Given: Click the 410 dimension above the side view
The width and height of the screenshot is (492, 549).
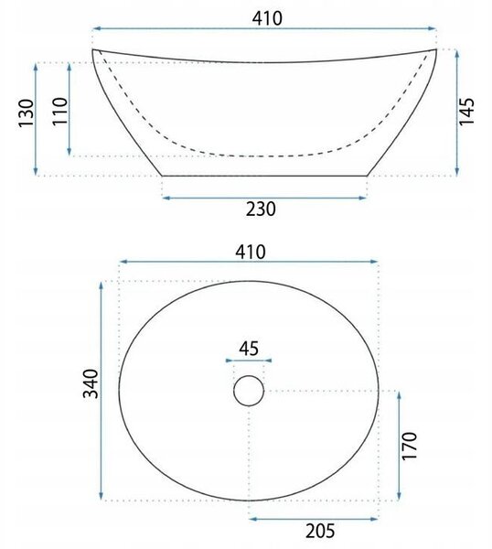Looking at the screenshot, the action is [x=267, y=18].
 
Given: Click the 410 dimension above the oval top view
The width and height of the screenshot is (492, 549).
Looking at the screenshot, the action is [x=251, y=252].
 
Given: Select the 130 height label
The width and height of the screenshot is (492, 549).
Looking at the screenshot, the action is [x=27, y=113].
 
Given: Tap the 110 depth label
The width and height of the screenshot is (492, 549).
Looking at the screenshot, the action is [x=59, y=111].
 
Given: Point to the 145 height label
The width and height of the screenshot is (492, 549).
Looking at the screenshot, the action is [x=466, y=112].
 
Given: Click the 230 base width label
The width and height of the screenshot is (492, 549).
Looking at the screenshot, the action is [x=261, y=209].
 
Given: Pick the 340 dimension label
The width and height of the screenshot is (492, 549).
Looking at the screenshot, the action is [x=91, y=383].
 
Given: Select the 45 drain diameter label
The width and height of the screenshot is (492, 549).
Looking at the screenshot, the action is [x=249, y=349].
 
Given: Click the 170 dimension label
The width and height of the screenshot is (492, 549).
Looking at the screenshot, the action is [x=410, y=447].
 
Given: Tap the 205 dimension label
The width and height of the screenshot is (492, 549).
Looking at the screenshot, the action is [x=320, y=531].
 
